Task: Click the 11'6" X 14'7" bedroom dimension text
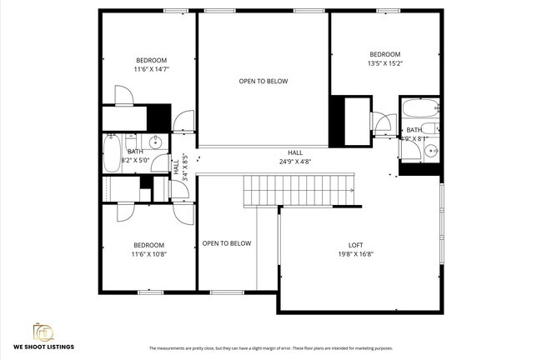151,70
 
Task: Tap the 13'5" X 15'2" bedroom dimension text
385,63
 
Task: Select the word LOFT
355,245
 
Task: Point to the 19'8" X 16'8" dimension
355,254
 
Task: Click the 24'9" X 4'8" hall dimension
295,162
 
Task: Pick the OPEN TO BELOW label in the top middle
263,81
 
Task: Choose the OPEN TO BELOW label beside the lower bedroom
226,243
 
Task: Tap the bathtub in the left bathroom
112,153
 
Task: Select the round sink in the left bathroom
156,142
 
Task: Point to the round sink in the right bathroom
430,150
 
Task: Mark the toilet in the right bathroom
429,128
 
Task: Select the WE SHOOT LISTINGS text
43,346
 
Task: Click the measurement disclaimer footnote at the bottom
271,348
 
